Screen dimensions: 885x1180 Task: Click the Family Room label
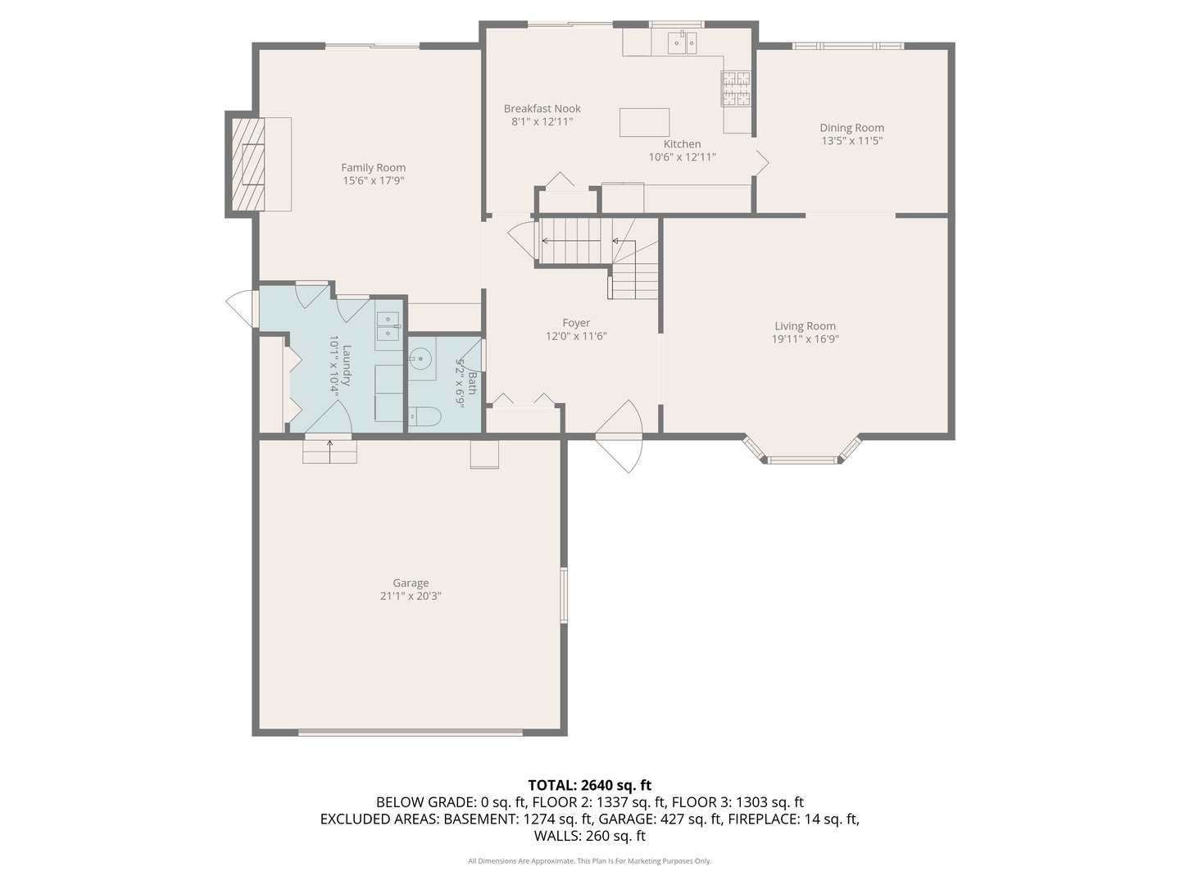click(x=373, y=168)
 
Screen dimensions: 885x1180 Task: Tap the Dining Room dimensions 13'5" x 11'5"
click(x=851, y=141)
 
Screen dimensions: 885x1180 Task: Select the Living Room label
click(x=805, y=326)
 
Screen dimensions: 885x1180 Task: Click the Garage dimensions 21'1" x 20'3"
click(x=411, y=597)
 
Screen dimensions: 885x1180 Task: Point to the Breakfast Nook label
click(x=542, y=109)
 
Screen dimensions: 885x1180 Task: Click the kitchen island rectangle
click(x=644, y=122)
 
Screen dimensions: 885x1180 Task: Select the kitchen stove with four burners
click(x=735, y=89)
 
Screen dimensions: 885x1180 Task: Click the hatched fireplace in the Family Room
click(x=247, y=164)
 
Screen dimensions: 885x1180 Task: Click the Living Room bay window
click(x=803, y=457)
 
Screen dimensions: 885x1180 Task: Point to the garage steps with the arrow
click(x=330, y=451)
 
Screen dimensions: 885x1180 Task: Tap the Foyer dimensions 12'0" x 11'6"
click(x=576, y=336)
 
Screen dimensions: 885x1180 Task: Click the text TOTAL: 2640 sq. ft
click(x=589, y=785)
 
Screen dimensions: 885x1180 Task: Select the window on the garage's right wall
click(x=563, y=595)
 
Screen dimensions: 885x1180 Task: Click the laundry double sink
click(x=388, y=325)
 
